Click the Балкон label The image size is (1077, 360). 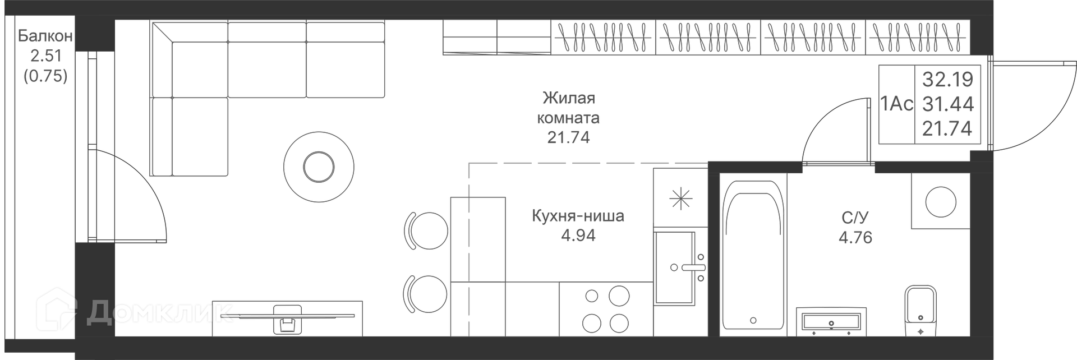pyautogui.click(x=45, y=36)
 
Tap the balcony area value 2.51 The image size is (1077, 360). pyautogui.click(x=45, y=56)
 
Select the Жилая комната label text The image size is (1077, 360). pyautogui.click(x=569, y=108)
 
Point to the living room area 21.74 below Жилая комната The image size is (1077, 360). pyautogui.click(x=569, y=137)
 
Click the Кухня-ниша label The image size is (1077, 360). pyautogui.click(x=578, y=216)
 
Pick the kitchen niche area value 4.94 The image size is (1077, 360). pyautogui.click(x=578, y=236)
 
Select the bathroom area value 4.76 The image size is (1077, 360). pyautogui.click(x=855, y=237)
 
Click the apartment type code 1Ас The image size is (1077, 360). pyautogui.click(x=897, y=104)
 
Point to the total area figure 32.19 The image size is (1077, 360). pyautogui.click(x=947, y=80)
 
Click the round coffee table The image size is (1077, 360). pyautogui.click(x=319, y=166)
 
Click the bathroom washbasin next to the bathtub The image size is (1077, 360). pyautogui.click(x=831, y=322)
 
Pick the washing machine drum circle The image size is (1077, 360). pyautogui.click(x=941, y=201)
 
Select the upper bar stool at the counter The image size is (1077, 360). pyautogui.click(x=426, y=230)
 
